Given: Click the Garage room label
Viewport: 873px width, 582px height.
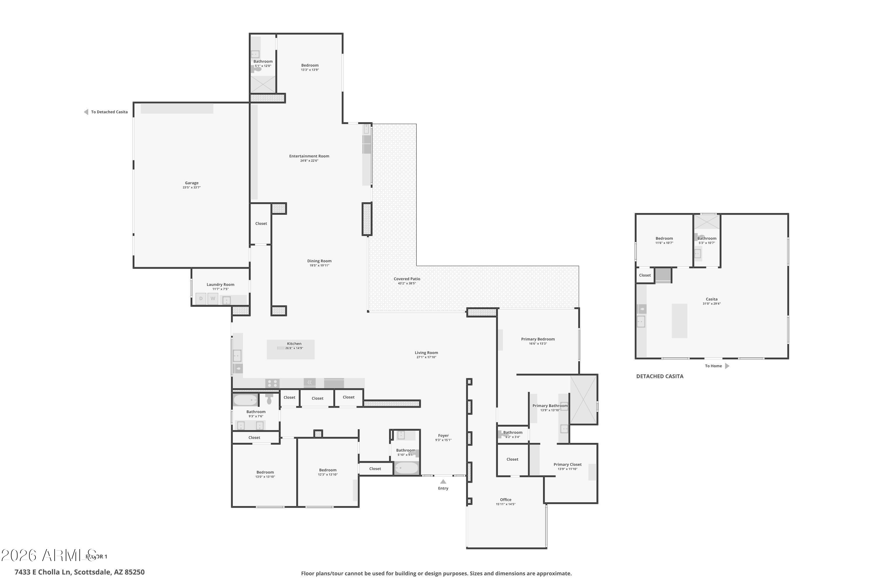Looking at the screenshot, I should click(x=191, y=183).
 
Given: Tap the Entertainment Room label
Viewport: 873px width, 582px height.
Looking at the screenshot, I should click(x=309, y=156).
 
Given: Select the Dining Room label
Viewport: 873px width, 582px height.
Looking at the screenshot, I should click(x=319, y=261).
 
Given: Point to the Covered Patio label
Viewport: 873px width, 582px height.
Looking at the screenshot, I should click(x=407, y=279).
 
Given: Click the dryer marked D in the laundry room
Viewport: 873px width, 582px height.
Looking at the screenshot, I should click(x=201, y=299).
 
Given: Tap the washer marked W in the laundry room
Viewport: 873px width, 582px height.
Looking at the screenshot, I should click(x=213, y=299).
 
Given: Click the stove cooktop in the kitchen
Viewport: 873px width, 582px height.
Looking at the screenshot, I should click(x=272, y=384).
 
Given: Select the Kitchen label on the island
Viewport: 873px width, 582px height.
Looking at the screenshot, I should click(x=294, y=344).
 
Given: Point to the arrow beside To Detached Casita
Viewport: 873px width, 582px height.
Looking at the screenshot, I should click(x=86, y=112).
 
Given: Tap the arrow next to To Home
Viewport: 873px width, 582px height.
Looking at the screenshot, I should click(x=727, y=366).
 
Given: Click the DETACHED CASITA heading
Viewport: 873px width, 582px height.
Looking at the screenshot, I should click(x=660, y=376).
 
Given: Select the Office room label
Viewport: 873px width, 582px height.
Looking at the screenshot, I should click(x=505, y=500).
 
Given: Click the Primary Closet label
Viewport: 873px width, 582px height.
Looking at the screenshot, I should click(x=567, y=464).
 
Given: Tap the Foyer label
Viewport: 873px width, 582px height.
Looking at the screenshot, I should click(x=443, y=436).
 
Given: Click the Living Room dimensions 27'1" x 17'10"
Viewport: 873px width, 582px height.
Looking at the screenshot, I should click(x=426, y=357).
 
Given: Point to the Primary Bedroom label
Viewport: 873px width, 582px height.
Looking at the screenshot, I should click(x=538, y=339).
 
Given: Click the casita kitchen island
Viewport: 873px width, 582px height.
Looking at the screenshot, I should click(x=679, y=321).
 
